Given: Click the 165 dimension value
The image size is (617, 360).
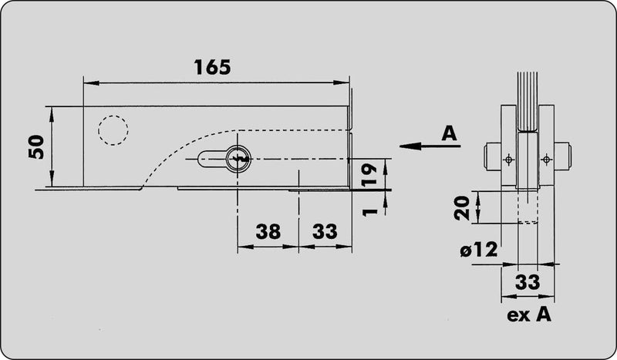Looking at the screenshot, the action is point(213,67).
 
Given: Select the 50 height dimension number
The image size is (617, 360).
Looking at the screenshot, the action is point(36,146).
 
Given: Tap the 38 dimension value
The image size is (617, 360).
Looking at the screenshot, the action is point(268,231).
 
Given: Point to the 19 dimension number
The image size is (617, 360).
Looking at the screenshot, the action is point(369,176).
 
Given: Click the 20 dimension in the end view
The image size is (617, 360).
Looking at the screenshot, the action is point(462,207).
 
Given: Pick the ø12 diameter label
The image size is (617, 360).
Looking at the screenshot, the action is point(479,250).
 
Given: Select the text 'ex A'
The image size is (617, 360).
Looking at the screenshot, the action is point(529,315).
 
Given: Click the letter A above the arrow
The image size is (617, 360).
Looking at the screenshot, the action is point(449,133).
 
